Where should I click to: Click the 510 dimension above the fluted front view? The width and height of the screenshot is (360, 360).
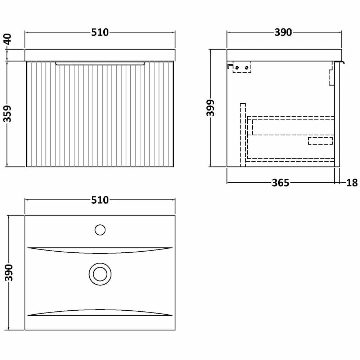click(100, 32)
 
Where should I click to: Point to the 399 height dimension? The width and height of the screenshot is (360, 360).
click(211, 108)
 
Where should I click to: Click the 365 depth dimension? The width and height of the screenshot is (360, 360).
click(280, 183)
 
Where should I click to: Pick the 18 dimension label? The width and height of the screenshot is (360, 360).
click(352, 183)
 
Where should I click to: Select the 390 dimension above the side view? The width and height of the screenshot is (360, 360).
click(283, 32)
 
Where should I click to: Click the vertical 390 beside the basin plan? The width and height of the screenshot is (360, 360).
click(9, 273)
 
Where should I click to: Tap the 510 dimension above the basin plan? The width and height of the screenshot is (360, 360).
click(100, 200)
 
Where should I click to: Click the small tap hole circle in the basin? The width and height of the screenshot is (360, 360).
click(100, 229)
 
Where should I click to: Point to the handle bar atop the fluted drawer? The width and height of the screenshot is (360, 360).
click(100, 64)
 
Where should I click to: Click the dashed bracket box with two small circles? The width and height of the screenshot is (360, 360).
click(242, 68)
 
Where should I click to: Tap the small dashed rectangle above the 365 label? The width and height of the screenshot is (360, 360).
click(320, 141)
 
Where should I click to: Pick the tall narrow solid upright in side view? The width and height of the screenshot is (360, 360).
click(243, 135)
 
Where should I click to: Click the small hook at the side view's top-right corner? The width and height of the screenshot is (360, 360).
click(340, 62)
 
